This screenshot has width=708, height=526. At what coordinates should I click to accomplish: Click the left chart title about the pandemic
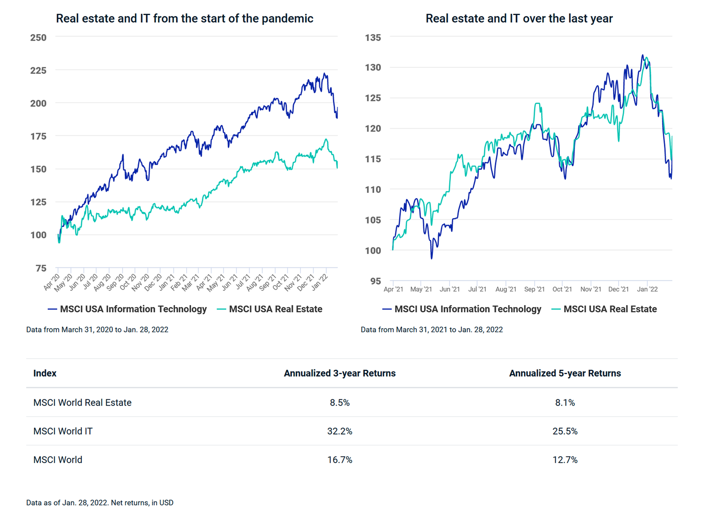185,19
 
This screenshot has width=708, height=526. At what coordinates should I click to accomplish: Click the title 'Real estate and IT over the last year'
519,19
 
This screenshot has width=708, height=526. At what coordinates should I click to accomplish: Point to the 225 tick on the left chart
38,70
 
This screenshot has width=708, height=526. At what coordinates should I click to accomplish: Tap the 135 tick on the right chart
373,38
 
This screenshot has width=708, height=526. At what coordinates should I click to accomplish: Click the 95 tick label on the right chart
375,281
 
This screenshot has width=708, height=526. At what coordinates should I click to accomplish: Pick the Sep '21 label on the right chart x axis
534,289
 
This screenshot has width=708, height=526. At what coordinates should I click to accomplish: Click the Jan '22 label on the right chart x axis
647,289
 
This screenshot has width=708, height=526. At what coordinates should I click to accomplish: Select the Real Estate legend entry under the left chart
270,309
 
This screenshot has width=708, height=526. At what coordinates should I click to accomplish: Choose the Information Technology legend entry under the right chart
462,309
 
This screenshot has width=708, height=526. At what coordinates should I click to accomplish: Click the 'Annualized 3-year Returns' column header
339,373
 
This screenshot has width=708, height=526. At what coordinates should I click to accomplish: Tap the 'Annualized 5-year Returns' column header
565,373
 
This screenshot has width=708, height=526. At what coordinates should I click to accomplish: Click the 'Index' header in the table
45,373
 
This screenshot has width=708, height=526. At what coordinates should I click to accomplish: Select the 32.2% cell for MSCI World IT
339,431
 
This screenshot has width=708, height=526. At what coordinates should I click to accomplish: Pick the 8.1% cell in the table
565,402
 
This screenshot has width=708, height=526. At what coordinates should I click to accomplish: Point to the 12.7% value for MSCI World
565,460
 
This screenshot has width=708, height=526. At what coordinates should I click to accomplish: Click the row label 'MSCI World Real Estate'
82,402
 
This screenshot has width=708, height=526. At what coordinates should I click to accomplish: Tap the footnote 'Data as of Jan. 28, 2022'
100,503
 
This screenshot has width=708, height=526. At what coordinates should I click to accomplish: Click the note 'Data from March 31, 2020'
97,329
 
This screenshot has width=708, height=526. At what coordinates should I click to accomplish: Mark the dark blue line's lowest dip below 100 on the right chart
431,258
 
